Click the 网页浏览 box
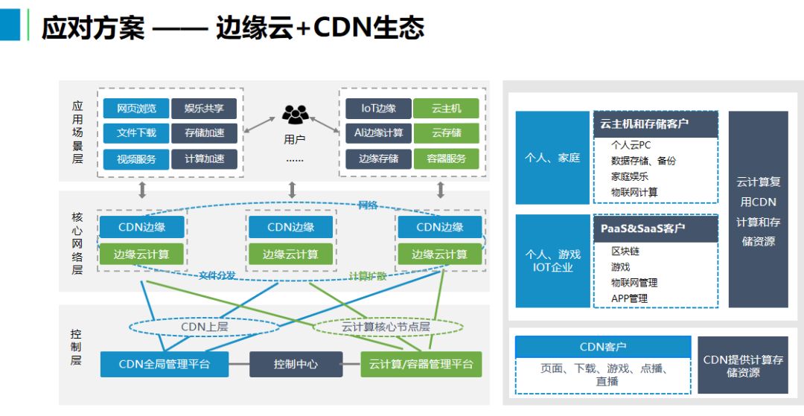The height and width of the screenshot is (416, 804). pyautogui.click(x=136, y=109)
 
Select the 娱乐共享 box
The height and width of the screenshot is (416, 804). pyautogui.click(x=204, y=109)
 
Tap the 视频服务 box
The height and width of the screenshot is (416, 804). pyautogui.click(x=136, y=159)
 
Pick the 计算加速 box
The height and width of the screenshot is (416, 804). pyautogui.click(x=204, y=159)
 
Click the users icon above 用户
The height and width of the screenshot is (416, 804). pyautogui.click(x=295, y=115)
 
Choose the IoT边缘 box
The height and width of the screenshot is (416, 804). pyautogui.click(x=378, y=109)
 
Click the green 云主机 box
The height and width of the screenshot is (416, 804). pyautogui.click(x=446, y=109)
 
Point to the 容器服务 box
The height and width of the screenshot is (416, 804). pyautogui.click(x=446, y=159)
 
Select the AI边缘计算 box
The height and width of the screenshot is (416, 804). pyautogui.click(x=378, y=133)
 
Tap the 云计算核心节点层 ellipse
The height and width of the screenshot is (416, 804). pyautogui.click(x=386, y=327)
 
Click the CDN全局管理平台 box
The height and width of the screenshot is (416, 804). pyautogui.click(x=165, y=364)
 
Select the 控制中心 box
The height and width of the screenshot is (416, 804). pyautogui.click(x=296, y=364)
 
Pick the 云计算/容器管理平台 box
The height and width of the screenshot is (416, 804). pyautogui.click(x=421, y=364)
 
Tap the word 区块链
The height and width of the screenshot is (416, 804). pyautogui.click(x=625, y=252)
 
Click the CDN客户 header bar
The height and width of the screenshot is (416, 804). pyautogui.click(x=602, y=347)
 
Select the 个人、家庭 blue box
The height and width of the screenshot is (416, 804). pyautogui.click(x=552, y=158)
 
